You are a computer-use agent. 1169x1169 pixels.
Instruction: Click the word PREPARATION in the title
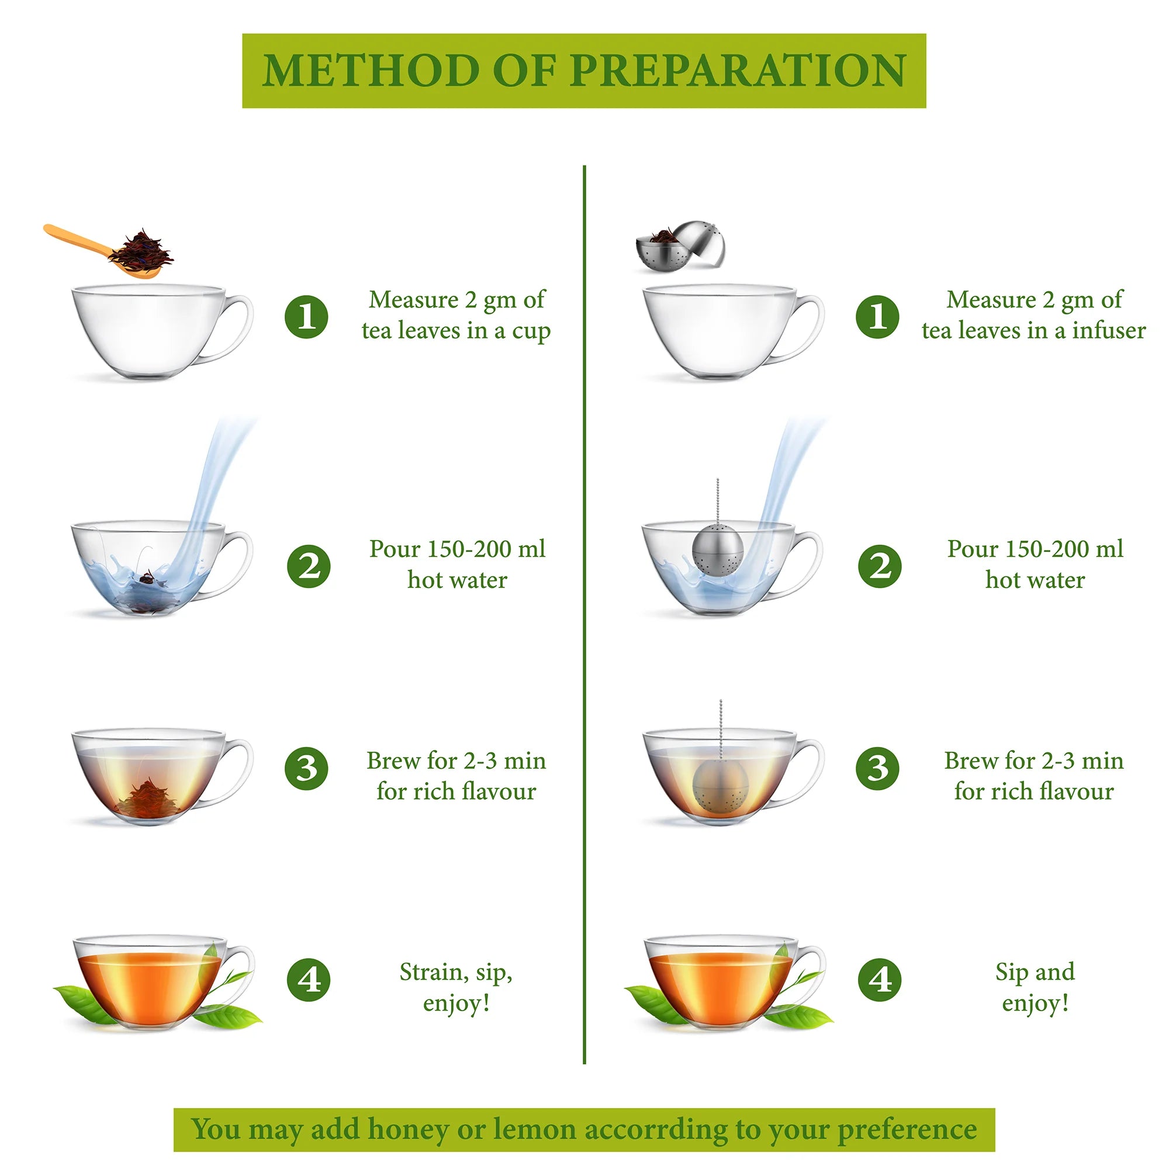pos(738,71)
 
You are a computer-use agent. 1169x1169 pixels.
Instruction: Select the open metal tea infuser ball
pos(680,245)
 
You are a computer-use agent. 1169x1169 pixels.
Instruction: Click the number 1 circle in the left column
pos(307,316)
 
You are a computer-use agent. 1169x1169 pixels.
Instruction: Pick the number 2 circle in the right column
pos(880,566)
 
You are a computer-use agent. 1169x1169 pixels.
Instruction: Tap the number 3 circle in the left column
pos(307,769)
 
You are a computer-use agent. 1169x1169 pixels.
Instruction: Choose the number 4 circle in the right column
pos(880,980)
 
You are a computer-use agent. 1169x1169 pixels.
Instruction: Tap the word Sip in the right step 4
pos(1011,973)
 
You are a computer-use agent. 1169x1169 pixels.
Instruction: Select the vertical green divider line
pos(584,614)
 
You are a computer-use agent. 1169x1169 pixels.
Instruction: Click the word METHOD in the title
pos(371,71)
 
